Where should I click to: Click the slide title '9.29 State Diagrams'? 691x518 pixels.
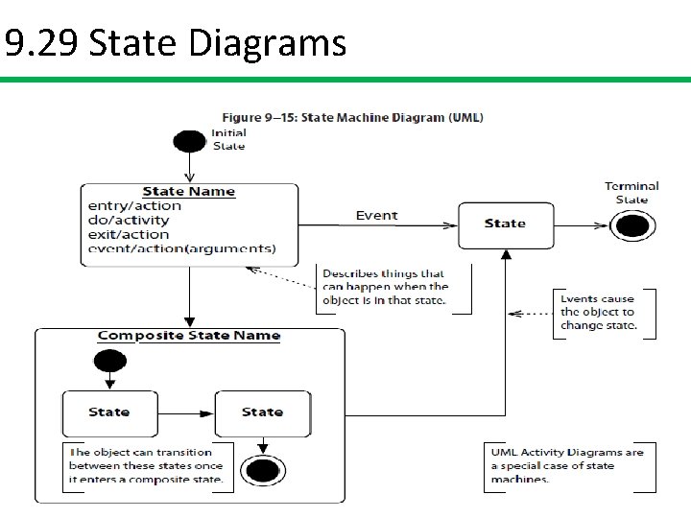click(175, 43)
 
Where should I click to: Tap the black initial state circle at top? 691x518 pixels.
click(189, 141)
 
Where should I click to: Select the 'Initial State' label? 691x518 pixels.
click(228, 139)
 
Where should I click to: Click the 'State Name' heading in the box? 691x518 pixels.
click(188, 191)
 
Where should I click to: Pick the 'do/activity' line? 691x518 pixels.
click(128, 220)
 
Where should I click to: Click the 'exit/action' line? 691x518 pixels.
click(128, 234)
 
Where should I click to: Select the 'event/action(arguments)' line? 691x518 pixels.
click(181, 248)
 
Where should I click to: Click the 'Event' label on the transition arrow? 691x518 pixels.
click(376, 215)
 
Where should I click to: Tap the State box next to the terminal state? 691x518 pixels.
click(505, 224)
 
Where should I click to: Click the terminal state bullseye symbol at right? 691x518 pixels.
click(632, 225)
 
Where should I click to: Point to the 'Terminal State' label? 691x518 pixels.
click(631, 193)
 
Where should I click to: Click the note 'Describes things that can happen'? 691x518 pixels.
click(386, 287)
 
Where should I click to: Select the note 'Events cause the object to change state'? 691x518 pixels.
click(597, 312)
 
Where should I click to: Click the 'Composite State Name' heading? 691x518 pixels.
click(189, 336)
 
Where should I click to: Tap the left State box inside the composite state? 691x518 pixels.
click(108, 412)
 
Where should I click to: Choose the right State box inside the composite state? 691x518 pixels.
click(262, 412)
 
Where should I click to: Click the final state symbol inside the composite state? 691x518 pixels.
click(262, 470)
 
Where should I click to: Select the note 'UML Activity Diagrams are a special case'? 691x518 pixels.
click(567, 465)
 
